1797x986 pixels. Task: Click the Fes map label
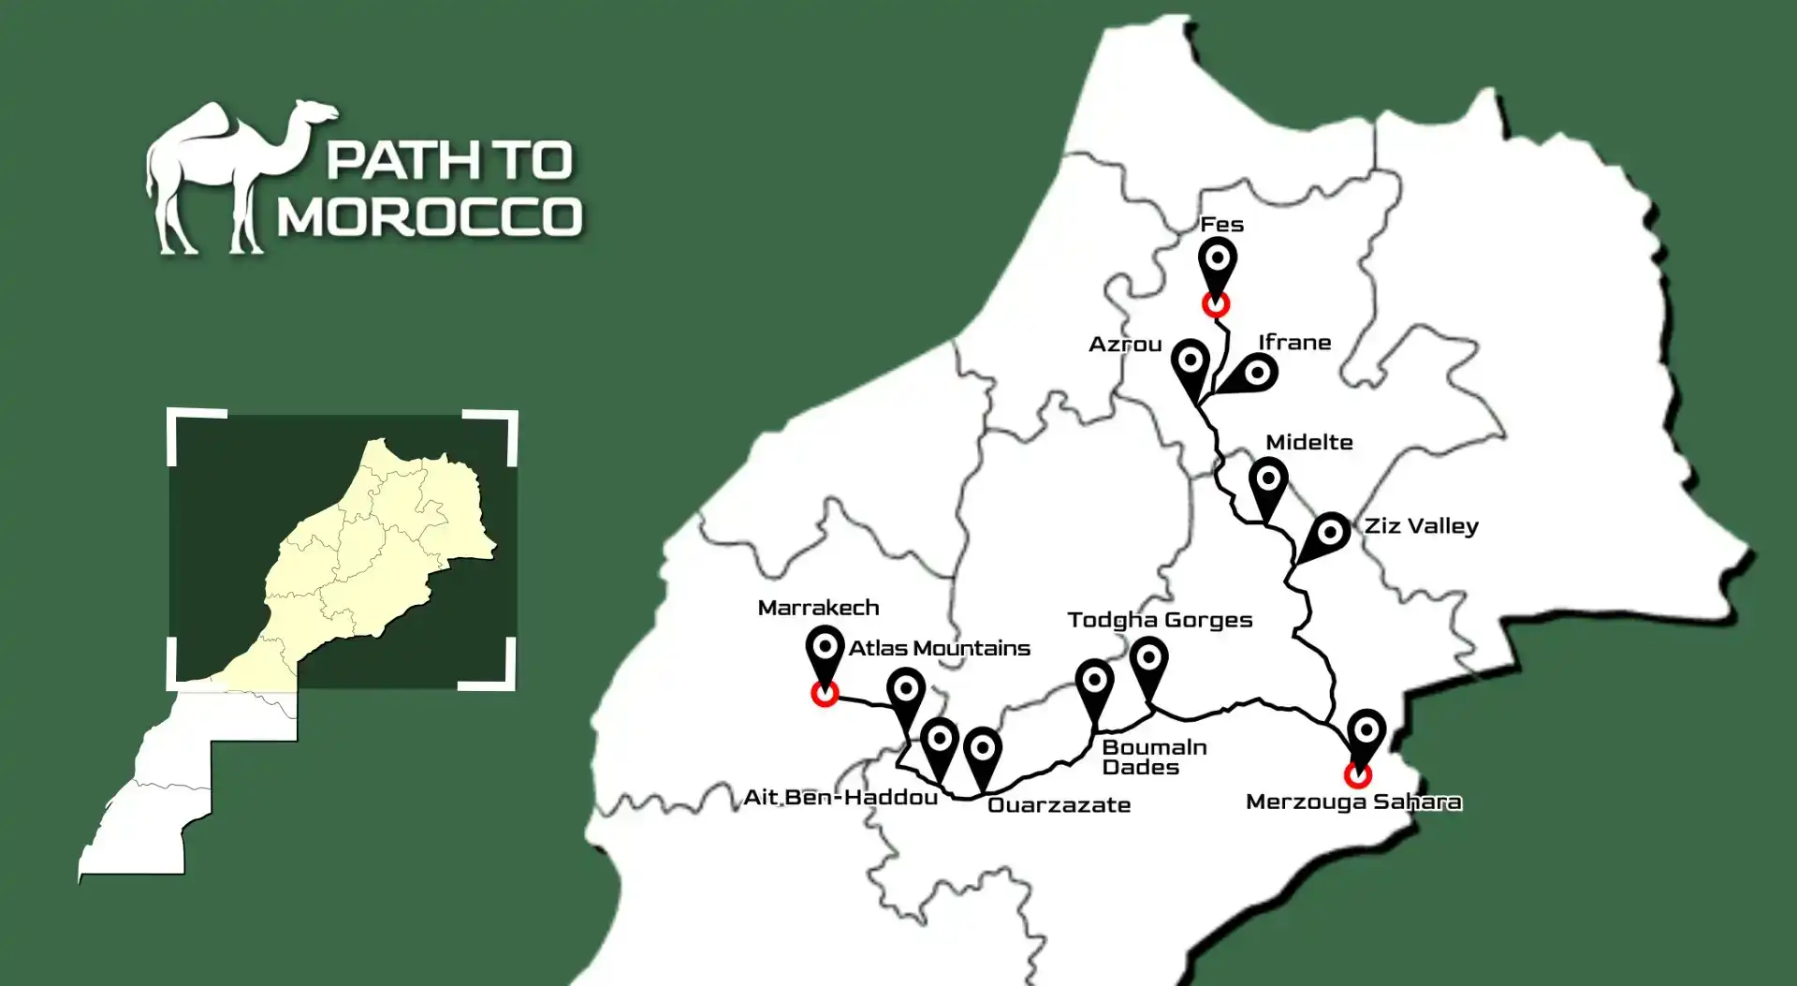[x=1221, y=225]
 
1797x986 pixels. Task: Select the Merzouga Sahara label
[x=1353, y=802]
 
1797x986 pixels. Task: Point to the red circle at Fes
[x=1216, y=304]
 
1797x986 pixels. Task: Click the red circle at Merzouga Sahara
[x=1357, y=775]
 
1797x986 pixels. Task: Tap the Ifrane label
[x=1294, y=343]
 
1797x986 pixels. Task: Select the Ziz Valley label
[x=1421, y=526]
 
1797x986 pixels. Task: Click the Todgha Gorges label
[x=1160, y=620]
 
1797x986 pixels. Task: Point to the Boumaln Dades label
[x=1154, y=758]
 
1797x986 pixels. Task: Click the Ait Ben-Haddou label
[x=840, y=798]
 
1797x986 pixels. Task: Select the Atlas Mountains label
[x=939, y=648]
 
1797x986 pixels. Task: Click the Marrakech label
[x=818, y=608]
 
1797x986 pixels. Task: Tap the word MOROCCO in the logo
[x=430, y=216]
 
